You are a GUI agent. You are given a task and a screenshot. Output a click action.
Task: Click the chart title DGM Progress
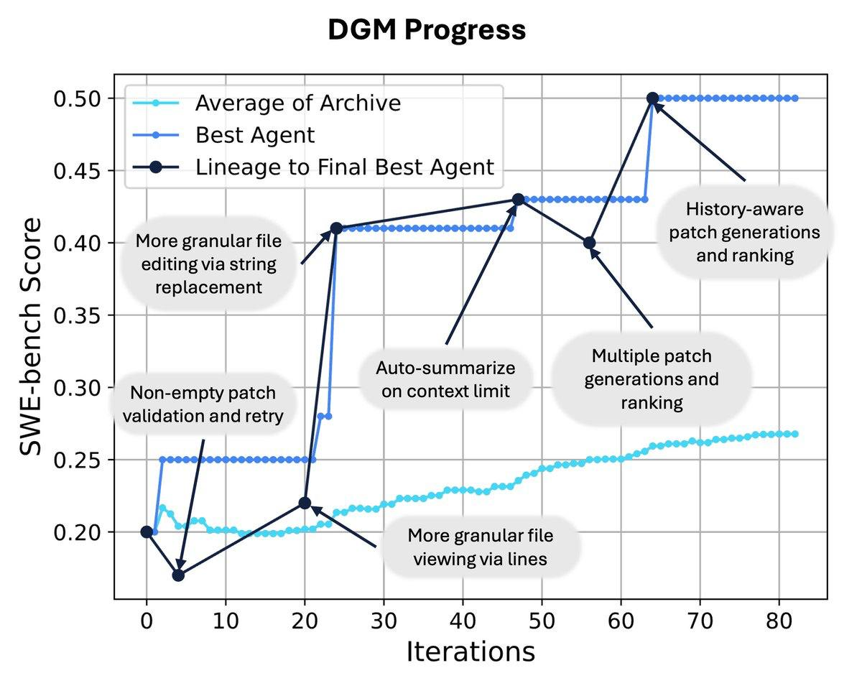point(427,30)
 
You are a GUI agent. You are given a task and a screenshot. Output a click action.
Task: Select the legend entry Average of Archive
point(297,103)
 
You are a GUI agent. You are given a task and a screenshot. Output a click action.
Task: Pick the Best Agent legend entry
point(255,134)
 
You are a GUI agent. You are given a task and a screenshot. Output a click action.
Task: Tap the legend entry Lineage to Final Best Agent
point(345,167)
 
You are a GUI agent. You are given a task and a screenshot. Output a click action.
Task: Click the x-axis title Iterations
point(471,651)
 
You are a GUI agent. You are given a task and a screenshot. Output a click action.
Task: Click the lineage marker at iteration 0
point(147,532)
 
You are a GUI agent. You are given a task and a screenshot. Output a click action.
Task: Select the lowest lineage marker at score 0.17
point(178,575)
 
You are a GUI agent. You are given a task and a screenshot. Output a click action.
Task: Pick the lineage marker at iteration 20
point(305,503)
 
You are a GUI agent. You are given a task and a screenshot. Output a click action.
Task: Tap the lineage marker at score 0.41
point(336,228)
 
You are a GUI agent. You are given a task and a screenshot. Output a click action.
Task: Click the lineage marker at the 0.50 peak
point(652,98)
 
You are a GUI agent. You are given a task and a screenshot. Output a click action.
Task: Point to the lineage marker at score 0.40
point(589,243)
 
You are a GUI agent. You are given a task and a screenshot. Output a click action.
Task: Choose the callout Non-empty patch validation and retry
point(203,404)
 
